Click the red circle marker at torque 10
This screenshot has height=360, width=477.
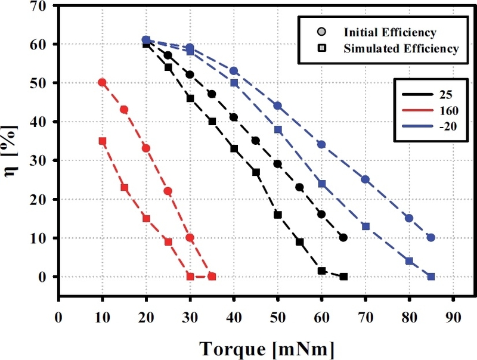coord(102,83)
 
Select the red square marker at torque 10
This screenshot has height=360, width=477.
coord(102,141)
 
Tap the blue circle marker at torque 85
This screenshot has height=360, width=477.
coord(431,237)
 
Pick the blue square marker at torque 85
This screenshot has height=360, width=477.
coord(431,277)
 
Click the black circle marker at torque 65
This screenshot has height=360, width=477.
coord(343,237)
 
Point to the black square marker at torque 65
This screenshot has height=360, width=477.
coord(343,277)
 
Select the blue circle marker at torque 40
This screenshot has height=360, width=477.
coord(234,71)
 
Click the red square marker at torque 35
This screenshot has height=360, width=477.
coord(212,277)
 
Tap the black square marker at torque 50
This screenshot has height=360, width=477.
coord(278,215)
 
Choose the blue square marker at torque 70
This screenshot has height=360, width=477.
coord(366,226)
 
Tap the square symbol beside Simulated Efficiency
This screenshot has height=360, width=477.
coord(321,48)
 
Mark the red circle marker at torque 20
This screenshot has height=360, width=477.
coord(146,148)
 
